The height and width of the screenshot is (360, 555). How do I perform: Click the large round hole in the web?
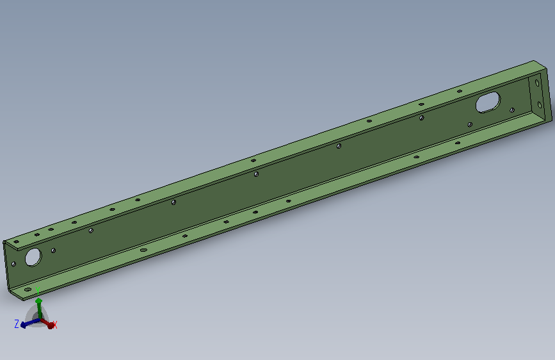33,258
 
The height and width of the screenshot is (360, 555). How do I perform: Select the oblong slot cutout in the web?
488,102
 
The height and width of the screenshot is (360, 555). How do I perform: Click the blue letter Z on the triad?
17,323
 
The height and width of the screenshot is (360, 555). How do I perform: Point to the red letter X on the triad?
54,325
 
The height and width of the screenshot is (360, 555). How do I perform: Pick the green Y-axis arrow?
39,309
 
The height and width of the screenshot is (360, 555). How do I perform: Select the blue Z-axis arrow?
31,323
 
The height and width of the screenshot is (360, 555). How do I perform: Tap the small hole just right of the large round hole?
53,250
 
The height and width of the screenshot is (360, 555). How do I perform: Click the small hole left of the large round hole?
14,264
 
